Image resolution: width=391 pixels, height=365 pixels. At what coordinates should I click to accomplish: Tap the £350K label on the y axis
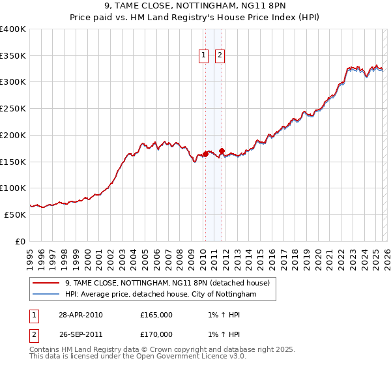pos(13,56)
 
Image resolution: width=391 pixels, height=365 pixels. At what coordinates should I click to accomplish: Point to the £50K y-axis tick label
pos(15,214)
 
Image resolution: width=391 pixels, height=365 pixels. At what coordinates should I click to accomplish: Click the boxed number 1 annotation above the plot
pos(204,56)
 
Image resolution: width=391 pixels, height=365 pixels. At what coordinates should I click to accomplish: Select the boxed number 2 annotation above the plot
pos(220,56)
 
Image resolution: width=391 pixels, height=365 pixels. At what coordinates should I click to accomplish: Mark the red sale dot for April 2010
pos(205,154)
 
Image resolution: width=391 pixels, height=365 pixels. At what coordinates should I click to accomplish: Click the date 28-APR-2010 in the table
pos(80,315)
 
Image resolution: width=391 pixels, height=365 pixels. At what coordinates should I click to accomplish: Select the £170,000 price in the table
pos(156,334)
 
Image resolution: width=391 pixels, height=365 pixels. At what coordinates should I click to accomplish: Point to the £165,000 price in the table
pos(156,315)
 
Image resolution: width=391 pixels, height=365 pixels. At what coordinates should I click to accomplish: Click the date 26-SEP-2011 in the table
pos(80,334)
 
